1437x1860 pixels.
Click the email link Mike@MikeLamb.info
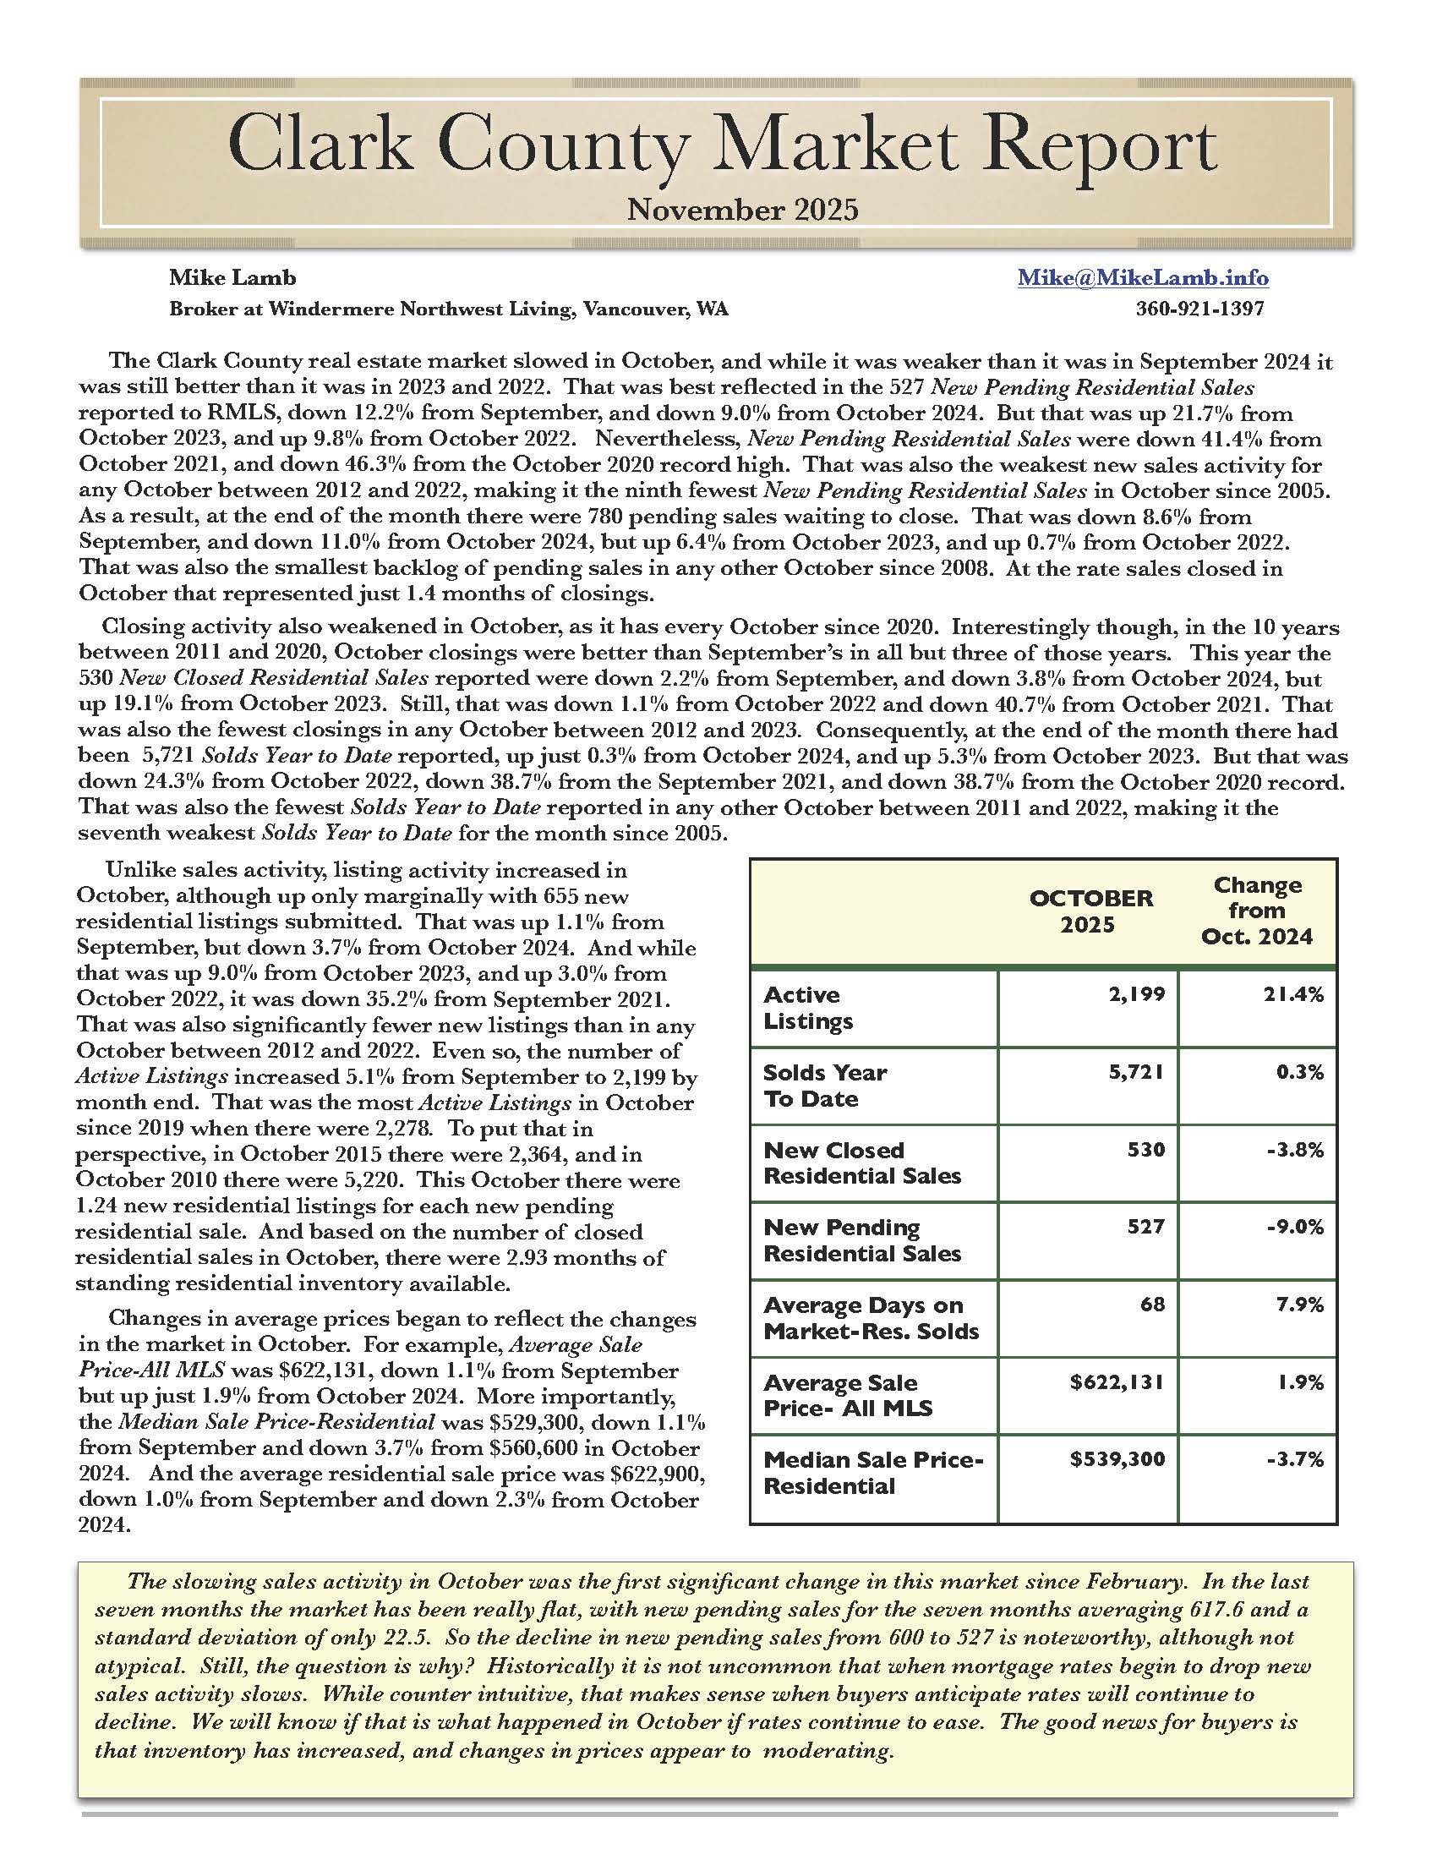tap(1143, 277)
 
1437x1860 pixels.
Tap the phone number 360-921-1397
tap(1199, 309)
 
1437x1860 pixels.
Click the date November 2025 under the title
tap(742, 210)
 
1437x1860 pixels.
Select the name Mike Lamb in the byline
tap(232, 277)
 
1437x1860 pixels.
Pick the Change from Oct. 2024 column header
tap(1256, 911)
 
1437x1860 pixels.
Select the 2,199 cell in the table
tap(1137, 994)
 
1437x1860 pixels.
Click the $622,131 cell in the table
tap(1117, 1382)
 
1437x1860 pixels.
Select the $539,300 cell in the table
tap(1117, 1460)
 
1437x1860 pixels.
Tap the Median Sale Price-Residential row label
tap(872, 1474)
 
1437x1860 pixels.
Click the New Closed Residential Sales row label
tap(861, 1162)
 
